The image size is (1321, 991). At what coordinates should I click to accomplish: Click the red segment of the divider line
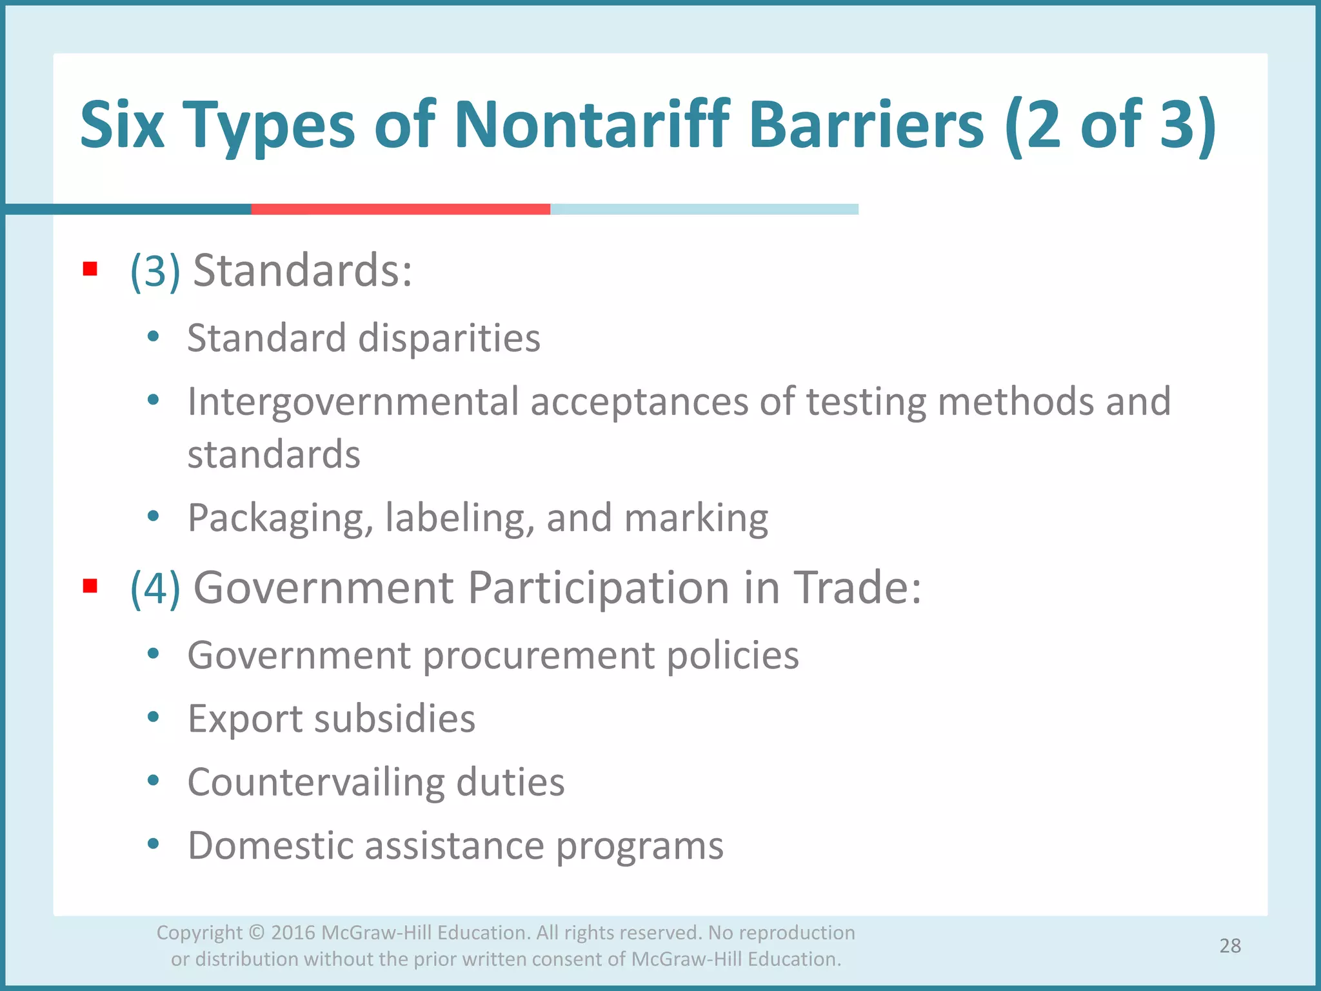(x=400, y=209)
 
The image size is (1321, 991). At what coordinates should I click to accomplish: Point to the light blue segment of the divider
(x=704, y=209)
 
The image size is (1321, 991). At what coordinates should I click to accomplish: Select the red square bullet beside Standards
(x=90, y=269)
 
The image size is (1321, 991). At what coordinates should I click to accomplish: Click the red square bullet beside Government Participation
(x=90, y=586)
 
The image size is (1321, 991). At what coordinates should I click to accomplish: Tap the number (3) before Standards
(x=155, y=271)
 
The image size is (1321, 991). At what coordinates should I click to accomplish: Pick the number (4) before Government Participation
(x=155, y=588)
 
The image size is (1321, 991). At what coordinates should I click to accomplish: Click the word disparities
(x=449, y=338)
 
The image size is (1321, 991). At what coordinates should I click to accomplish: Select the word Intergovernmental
(x=353, y=401)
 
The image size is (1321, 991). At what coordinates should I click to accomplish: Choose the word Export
(x=244, y=719)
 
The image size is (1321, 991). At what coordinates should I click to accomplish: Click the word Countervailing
(x=316, y=782)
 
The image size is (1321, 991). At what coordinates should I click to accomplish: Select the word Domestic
(x=270, y=845)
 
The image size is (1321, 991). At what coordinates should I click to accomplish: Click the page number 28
(x=1230, y=946)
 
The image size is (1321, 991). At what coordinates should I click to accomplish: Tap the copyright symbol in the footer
(x=256, y=933)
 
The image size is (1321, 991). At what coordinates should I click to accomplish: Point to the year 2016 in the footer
(x=293, y=933)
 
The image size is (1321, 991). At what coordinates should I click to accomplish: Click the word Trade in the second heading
(x=857, y=588)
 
